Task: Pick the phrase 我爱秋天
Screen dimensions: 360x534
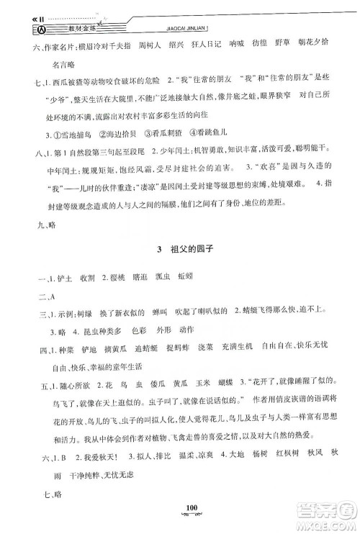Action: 87,454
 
